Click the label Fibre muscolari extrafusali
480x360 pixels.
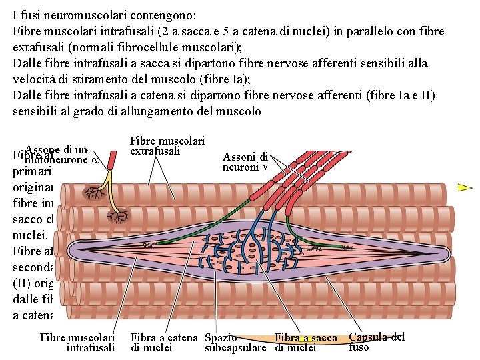166,146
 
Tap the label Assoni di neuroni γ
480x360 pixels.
245,162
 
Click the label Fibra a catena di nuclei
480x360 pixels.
164,343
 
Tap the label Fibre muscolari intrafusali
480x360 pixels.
78,343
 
